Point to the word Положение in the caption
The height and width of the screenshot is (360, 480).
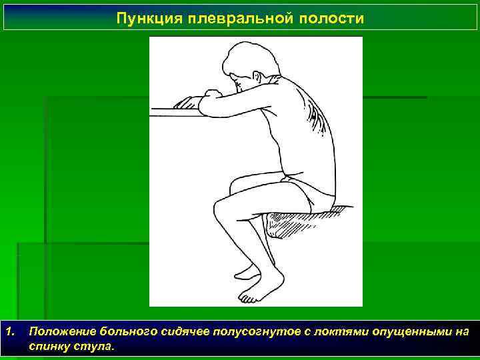[63, 331]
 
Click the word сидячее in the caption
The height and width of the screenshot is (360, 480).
[187, 331]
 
